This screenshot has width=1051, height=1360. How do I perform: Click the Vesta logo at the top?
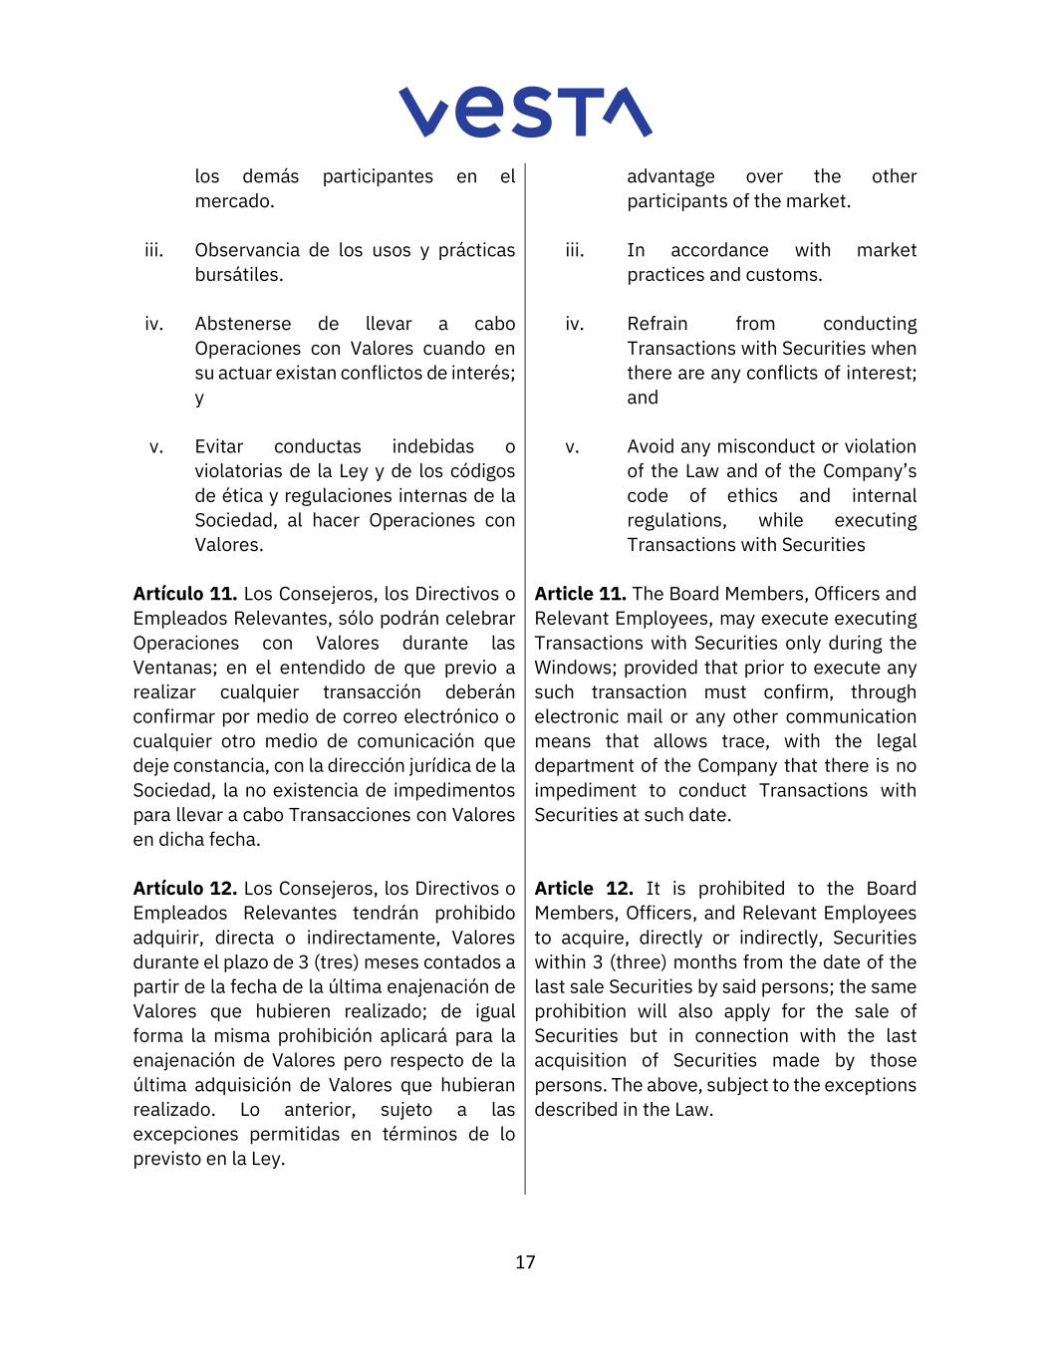525,112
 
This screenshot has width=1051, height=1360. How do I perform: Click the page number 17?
525,1262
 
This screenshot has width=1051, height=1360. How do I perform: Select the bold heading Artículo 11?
185,594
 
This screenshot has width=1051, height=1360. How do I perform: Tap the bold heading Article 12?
583,889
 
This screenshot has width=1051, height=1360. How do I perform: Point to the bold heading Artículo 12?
185,889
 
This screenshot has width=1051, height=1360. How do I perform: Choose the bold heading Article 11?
580,594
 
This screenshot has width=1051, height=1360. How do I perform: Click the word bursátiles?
238,275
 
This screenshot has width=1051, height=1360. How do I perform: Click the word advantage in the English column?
670,176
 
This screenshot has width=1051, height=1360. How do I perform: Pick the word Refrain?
657,324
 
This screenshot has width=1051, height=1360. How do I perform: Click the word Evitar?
218,446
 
